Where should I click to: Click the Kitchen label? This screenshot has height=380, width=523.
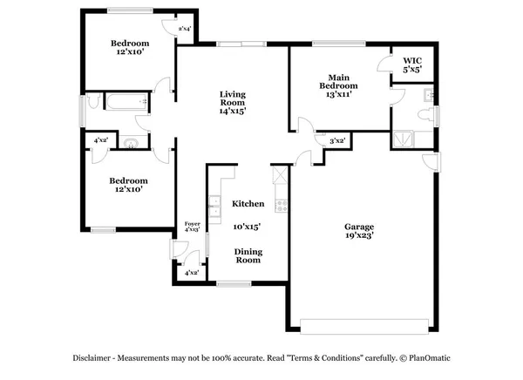pyautogui.click(x=248, y=204)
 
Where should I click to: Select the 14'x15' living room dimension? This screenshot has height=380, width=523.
pyautogui.click(x=232, y=111)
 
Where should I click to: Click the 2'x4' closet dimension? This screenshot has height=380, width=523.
pyautogui.click(x=185, y=30)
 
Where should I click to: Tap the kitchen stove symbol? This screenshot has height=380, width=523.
pyautogui.click(x=281, y=206)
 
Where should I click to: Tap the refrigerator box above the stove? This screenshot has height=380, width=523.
pyautogui.click(x=280, y=176)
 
